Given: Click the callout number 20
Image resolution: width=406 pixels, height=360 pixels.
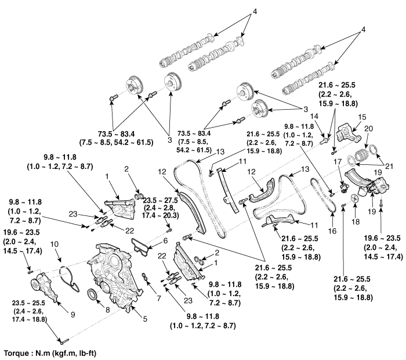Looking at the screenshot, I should pos(369,129).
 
